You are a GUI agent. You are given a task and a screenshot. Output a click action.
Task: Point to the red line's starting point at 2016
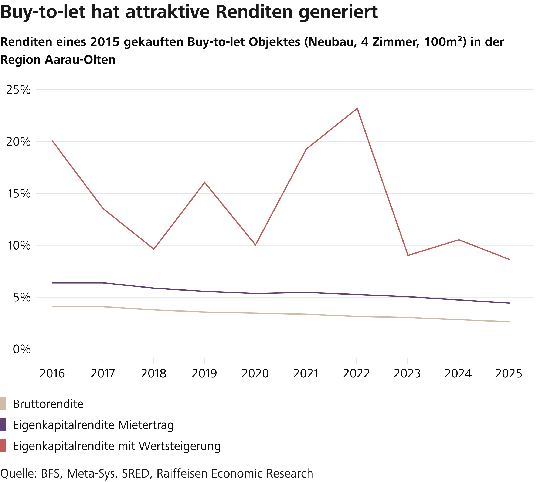(52, 141)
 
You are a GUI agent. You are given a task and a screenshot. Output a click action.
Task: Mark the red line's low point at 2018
(154, 249)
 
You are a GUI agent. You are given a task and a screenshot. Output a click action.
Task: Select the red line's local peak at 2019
(204, 183)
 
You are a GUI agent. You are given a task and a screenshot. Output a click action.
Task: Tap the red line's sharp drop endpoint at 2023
(408, 255)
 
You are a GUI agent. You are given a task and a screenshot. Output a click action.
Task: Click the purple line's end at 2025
(509, 303)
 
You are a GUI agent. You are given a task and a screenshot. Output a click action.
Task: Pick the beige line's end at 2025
(509, 322)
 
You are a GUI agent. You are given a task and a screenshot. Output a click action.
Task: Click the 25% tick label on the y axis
(18, 90)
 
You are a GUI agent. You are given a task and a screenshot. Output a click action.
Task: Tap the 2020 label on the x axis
(255, 374)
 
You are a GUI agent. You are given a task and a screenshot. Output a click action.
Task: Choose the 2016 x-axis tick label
(52, 374)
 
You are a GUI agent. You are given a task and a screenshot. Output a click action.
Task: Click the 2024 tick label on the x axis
(458, 374)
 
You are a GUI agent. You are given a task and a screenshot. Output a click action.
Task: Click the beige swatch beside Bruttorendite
(3, 404)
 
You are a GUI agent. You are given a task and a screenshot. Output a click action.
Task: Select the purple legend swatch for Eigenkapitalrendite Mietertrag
(3, 425)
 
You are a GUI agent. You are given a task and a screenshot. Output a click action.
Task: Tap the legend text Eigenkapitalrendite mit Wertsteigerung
(117, 446)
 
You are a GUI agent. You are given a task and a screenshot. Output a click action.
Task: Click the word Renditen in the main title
(254, 12)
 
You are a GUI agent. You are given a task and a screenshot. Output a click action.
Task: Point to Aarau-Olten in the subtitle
(80, 60)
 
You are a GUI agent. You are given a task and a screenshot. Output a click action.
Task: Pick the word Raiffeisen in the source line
(182, 473)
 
